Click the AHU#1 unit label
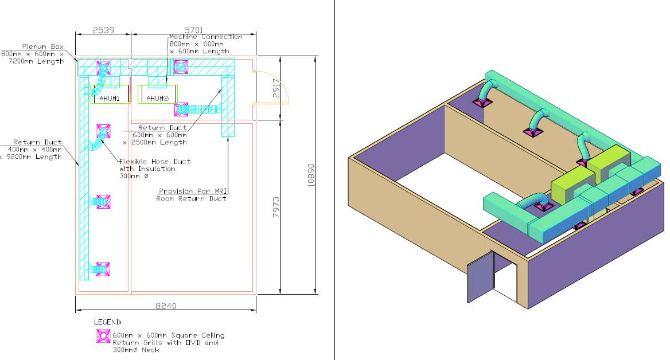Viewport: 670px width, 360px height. [x=109, y=98]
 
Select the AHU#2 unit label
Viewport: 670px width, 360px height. [x=158, y=98]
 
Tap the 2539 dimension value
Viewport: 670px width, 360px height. [x=103, y=30]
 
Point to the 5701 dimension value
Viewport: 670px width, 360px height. [x=193, y=30]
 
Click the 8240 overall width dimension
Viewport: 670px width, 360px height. [x=166, y=306]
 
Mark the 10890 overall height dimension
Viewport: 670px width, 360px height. [x=311, y=175]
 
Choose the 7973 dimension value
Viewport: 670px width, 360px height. [x=276, y=207]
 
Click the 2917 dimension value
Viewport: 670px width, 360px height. [x=276, y=88]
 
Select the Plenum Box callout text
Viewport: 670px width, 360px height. [x=33, y=54]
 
